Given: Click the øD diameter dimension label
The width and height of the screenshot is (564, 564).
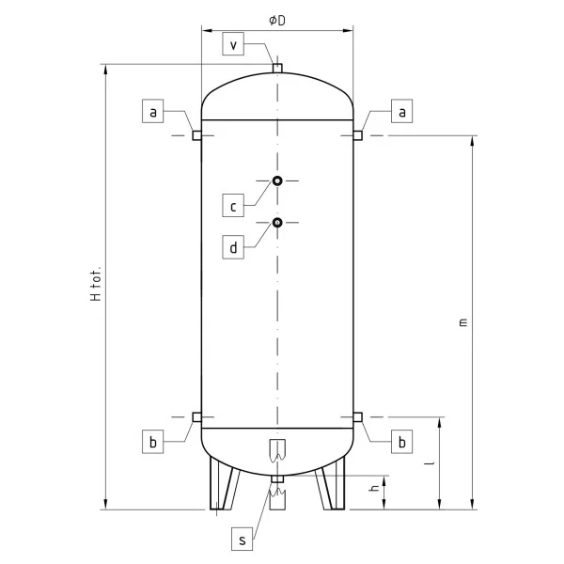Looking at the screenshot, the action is coord(277,21).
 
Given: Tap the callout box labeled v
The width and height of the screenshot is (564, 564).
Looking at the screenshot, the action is coord(233,44).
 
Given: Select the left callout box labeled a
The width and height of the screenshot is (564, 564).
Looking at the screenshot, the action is coord(153,111).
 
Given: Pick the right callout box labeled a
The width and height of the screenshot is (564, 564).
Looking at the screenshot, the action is coord(401,111).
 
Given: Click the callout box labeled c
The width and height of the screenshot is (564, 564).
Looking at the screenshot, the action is coord(233,205).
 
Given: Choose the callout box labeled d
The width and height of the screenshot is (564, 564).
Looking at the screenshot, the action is coord(233,247).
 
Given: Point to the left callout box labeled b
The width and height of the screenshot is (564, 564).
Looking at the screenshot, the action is coord(153,442).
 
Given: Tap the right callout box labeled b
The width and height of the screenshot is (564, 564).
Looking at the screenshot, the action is coord(401,442).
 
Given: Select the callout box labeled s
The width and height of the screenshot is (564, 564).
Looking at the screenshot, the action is coord(243,539).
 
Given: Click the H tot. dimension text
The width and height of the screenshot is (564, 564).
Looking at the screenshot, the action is coord(96,284).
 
